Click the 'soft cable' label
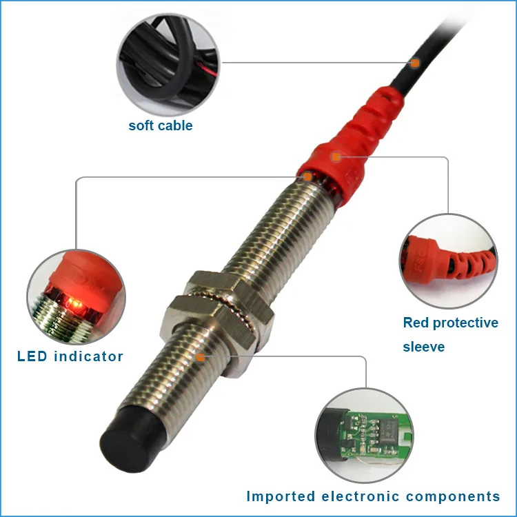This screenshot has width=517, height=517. click(160, 125)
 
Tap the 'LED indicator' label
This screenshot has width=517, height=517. click(70, 356)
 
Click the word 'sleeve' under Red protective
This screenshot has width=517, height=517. click(424, 347)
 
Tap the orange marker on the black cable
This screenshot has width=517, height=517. click(416, 63)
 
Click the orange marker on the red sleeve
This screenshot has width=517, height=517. click(336, 157)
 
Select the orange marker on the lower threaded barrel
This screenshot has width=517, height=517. click(200, 357)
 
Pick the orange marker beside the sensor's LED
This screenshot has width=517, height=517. click(308, 176)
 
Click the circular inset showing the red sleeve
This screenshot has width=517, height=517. click(447, 261)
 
